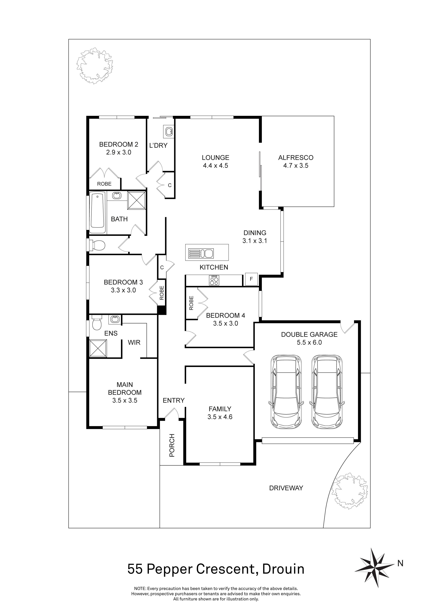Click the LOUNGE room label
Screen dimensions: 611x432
pyautogui.click(x=215, y=158)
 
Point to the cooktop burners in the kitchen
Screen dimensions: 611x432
pyautogui.click(x=214, y=280)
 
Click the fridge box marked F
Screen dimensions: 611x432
pyautogui.click(x=251, y=279)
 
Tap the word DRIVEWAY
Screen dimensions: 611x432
pyautogui.click(x=286, y=488)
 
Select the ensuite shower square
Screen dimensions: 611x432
pyautogui.click(x=98, y=349)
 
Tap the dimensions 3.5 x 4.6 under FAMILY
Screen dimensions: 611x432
pyautogui.click(x=220, y=417)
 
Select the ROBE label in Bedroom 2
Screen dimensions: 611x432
pyautogui.click(x=104, y=184)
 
